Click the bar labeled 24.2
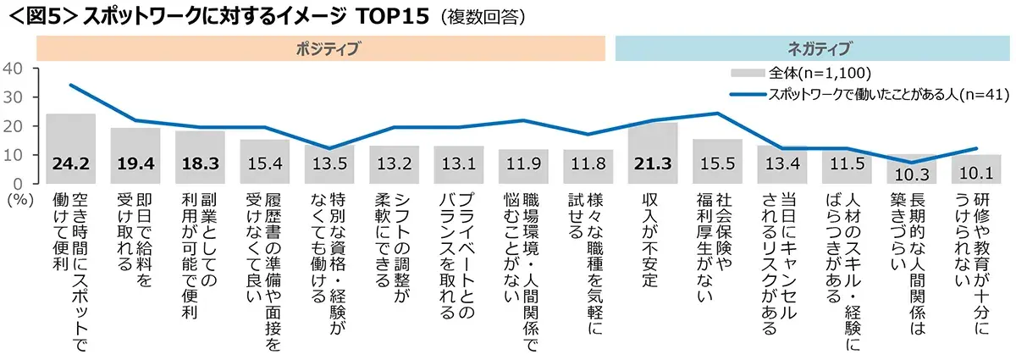[70, 148]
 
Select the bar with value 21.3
[653, 152]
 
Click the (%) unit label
[18, 200]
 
